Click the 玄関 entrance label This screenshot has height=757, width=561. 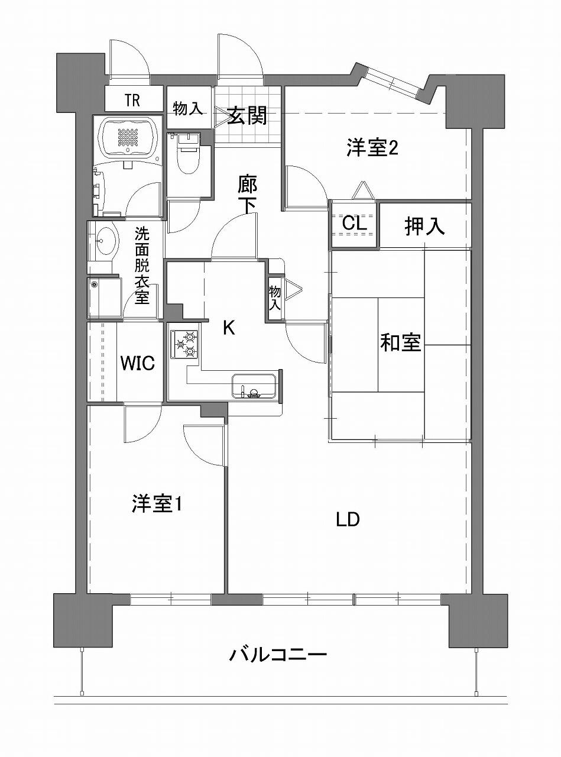(x=247, y=116)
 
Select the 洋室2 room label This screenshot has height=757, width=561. (x=372, y=148)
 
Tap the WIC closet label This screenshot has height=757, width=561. (x=138, y=363)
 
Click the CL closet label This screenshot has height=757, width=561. (x=355, y=224)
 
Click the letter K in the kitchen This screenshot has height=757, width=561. (x=229, y=328)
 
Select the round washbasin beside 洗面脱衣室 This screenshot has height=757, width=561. (x=106, y=241)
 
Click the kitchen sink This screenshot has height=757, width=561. (x=254, y=386)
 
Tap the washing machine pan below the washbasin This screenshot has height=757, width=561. (x=105, y=297)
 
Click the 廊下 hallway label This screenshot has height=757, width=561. (x=247, y=194)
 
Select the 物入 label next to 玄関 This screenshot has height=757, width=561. (x=188, y=109)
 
